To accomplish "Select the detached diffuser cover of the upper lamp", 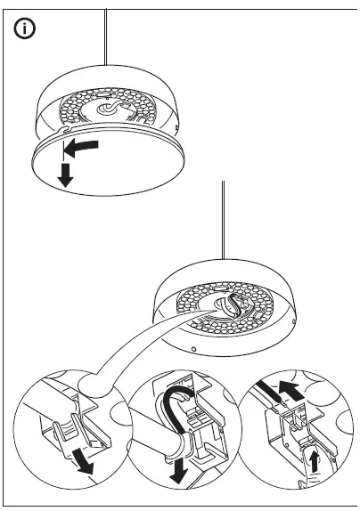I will pos(107,169).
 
